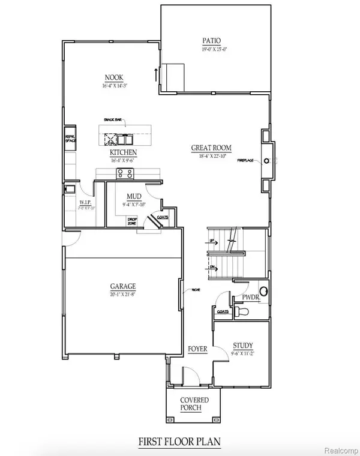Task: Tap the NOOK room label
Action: click(115, 77)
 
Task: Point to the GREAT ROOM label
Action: click(211, 148)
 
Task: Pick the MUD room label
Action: click(134, 197)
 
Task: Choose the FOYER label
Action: click(197, 349)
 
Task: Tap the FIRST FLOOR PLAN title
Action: click(179, 442)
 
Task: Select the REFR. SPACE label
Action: click(70, 138)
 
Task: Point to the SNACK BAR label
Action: click(113, 120)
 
